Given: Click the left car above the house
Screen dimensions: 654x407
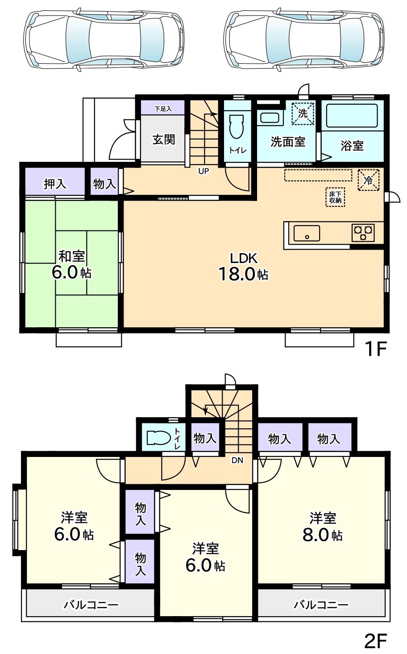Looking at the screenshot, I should (104, 38).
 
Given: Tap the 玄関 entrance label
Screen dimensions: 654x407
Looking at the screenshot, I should (164, 140).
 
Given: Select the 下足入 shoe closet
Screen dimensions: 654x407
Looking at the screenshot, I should (163, 108).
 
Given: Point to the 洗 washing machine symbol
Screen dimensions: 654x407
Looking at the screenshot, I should (303, 113).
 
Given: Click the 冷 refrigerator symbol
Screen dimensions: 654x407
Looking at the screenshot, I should (369, 180).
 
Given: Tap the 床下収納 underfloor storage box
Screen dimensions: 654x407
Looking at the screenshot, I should (336, 197).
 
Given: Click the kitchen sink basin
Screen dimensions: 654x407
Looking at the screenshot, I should (307, 233).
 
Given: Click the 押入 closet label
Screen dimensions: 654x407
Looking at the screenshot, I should (55, 184).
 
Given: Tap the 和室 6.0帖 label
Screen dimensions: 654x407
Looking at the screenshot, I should (72, 265).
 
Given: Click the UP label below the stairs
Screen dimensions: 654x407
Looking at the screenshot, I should (203, 171).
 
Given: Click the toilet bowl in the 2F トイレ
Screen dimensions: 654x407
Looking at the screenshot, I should (158, 438).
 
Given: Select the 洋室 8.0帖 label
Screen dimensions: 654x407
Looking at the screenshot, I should (323, 526).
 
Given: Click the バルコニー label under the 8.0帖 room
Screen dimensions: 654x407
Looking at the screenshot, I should (320, 605).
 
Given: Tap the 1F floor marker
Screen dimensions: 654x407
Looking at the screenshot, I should (375, 349).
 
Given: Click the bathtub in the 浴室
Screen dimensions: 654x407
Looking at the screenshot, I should (352, 116).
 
